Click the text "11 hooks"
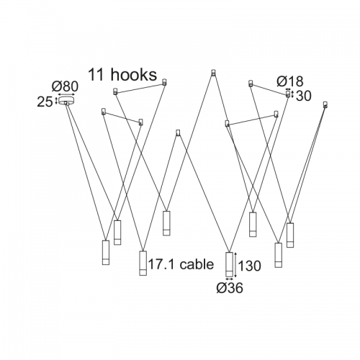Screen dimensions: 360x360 [122, 74]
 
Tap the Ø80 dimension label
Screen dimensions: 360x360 [65, 86]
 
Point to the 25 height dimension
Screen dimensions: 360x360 [45, 102]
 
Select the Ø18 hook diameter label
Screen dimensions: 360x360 [290, 81]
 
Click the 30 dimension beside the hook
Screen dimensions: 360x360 [304, 96]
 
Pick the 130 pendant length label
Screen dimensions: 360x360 [250, 266]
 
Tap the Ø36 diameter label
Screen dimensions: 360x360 [230, 288]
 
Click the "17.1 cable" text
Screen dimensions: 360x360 [181, 264]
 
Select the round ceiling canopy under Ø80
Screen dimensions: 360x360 [67, 101]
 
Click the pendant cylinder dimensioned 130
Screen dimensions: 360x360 [229, 264]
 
